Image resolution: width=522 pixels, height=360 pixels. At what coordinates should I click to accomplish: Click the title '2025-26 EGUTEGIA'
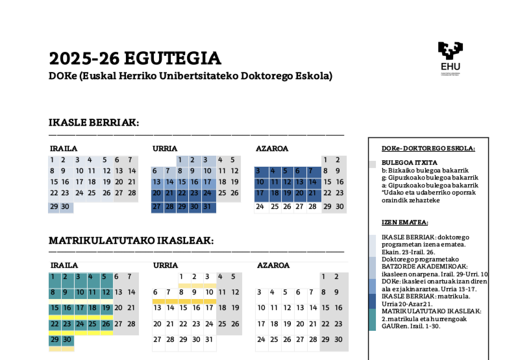pyautogui.click(x=135, y=59)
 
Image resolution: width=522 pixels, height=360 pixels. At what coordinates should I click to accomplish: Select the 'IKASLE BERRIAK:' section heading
pyautogui.click(x=93, y=123)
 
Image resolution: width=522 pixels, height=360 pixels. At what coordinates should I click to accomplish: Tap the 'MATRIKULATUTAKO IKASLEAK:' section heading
pyautogui.click(x=131, y=241)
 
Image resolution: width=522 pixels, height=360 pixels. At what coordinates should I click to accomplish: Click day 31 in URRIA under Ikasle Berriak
pyautogui.click(x=207, y=207)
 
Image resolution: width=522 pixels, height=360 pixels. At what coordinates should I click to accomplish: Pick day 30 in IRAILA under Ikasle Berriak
pyautogui.click(x=65, y=207)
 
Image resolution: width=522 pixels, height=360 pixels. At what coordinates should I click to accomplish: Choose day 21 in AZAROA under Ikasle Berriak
pyautogui.click(x=312, y=193)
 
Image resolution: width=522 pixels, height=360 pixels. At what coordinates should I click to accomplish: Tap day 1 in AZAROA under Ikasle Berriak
pyautogui.click(x=325, y=160)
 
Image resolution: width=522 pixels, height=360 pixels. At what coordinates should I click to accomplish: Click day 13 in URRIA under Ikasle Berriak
pyautogui.click(x=157, y=182)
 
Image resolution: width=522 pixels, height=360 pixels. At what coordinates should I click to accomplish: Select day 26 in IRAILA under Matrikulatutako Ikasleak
pyautogui.click(x=106, y=324)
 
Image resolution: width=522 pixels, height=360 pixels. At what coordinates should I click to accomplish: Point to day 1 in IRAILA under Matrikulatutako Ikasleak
pyautogui.click(x=53, y=277)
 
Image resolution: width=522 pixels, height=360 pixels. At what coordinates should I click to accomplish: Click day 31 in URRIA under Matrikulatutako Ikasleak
pyautogui.click(x=209, y=340)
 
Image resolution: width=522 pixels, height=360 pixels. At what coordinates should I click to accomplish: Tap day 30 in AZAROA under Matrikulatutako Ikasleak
pyautogui.click(x=338, y=340)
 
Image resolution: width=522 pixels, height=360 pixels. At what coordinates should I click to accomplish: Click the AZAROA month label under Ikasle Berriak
pyautogui.click(x=272, y=149)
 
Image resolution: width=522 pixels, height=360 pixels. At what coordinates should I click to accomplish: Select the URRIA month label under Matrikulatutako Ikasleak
pyautogui.click(x=165, y=265)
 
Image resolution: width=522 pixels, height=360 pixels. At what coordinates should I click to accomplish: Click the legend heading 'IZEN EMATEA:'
pyautogui.click(x=404, y=222)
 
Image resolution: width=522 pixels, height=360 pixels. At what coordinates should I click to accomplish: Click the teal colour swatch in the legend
pyautogui.click(x=372, y=320)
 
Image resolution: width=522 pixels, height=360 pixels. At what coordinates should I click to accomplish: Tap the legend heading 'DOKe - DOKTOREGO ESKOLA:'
pyautogui.click(x=428, y=149)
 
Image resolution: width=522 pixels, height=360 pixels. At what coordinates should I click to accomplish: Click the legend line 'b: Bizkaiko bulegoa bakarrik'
pyautogui.click(x=425, y=170)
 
